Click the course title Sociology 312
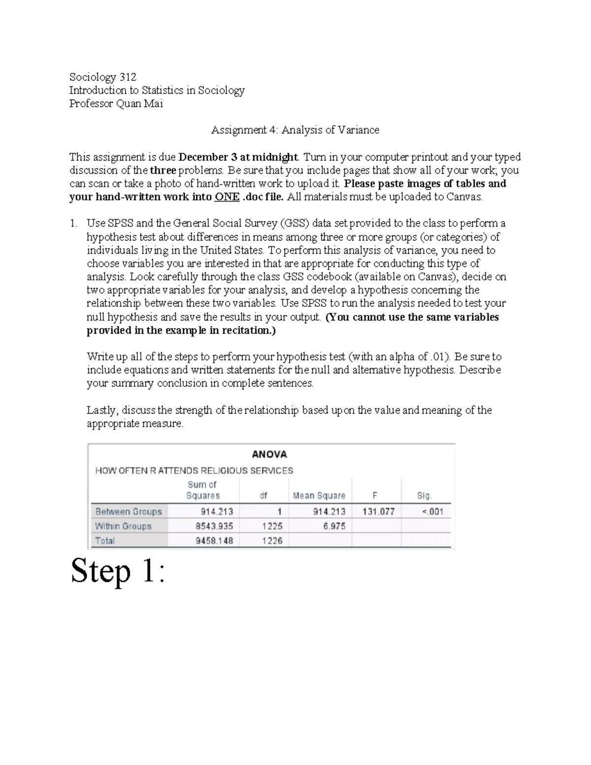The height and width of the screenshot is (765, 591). pos(102,77)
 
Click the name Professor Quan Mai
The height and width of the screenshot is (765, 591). pos(116,103)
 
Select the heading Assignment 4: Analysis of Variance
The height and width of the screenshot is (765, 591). pos(295,130)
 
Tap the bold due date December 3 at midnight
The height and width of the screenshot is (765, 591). pos(238,157)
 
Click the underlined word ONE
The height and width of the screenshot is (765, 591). pos(227,197)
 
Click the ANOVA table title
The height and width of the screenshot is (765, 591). pos(269,454)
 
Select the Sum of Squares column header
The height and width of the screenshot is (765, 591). pos(202,490)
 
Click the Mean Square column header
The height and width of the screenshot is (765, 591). pos(319,496)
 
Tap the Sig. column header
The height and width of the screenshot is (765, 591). pos(424,496)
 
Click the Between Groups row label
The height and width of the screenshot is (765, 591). pos(129,511)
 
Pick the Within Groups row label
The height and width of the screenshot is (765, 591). pos(123,526)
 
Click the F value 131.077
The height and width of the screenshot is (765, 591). pos(378,511)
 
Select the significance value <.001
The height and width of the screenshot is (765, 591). pos(432,511)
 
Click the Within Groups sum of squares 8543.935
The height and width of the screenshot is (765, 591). pos(214,526)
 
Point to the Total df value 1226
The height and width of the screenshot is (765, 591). pos(272,541)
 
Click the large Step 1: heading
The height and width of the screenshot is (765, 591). pos(117,571)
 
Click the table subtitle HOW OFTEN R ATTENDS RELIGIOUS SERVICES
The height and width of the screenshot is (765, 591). pos(194,470)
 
